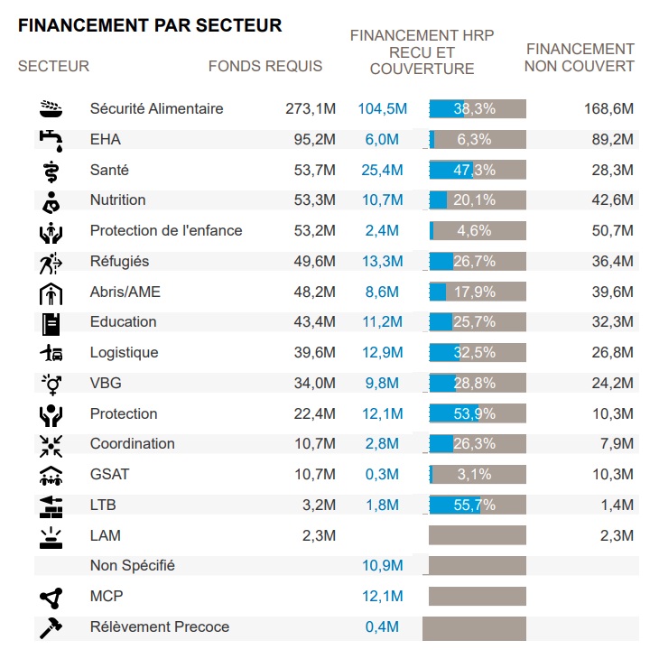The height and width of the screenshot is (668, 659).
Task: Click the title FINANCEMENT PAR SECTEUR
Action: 150,25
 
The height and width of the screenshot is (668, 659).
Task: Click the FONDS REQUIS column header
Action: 265,66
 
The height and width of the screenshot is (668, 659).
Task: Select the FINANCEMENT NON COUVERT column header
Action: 580,58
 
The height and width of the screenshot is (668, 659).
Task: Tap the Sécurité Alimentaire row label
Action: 156,109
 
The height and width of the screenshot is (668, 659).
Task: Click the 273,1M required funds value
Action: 311,109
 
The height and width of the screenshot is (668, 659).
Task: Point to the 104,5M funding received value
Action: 383,109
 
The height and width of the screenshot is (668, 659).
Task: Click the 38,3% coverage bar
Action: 478,109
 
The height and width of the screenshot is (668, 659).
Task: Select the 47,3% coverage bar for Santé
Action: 478,171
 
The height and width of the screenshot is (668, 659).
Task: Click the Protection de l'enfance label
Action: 166,231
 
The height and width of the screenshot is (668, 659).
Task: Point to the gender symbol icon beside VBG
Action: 51,384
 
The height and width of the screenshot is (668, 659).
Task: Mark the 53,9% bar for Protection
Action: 478,414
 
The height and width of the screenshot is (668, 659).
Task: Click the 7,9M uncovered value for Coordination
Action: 617,444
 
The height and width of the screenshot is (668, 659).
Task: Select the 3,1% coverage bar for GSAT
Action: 478,475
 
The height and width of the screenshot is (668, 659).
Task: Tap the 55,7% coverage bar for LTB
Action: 478,506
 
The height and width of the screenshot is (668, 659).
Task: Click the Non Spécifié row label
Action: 132,566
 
